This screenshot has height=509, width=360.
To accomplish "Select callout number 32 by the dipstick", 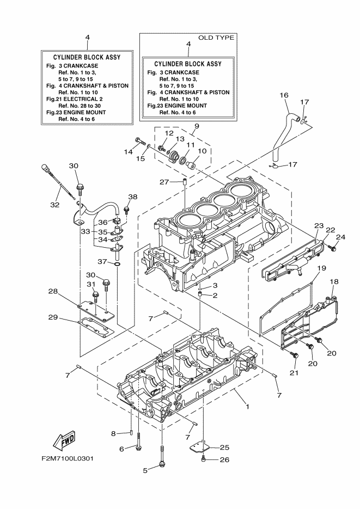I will (54, 205).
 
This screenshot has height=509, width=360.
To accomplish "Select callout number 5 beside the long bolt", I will (145, 470).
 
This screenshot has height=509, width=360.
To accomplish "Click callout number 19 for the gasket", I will (321, 268).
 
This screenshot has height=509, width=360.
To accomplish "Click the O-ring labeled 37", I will (117, 264).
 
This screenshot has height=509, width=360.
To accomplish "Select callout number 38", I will (133, 197).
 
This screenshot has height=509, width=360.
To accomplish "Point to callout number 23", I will (319, 225).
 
